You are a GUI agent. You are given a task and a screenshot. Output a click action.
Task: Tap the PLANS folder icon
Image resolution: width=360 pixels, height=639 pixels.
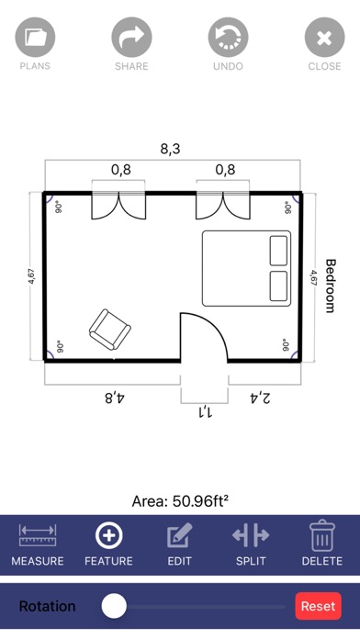[35, 38]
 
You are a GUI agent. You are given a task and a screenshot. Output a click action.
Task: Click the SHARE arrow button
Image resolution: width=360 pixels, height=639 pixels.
[131, 38]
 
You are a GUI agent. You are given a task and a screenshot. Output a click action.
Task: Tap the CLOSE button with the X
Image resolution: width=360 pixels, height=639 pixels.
[324, 38]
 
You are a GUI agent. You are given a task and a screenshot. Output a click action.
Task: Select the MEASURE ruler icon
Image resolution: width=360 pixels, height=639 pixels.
[38, 535]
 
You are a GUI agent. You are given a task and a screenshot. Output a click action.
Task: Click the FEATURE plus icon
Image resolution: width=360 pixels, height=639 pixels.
[109, 535]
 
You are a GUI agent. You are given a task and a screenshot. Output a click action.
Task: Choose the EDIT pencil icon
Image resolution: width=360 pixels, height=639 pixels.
[179, 535]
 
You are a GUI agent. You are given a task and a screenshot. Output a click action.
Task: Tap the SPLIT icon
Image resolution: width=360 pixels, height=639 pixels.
[251, 534]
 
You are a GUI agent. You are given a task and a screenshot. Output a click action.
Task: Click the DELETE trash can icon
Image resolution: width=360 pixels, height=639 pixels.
[322, 535]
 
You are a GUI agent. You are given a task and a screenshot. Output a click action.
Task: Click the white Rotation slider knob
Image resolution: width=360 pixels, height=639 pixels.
[114, 606]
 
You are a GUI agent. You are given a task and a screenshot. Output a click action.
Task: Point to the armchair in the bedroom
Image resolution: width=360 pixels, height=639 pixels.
[110, 330]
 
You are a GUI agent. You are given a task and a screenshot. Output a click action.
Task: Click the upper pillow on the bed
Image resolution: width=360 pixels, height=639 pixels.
[278, 251]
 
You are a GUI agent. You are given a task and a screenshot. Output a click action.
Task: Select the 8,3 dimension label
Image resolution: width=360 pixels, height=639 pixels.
[170, 149]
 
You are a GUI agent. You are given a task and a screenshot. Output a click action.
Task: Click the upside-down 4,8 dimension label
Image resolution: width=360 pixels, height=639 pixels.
[115, 398]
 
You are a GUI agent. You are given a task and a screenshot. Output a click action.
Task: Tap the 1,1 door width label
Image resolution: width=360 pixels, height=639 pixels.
[204, 412]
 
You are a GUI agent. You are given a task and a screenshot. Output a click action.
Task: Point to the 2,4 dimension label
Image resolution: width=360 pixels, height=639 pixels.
[259, 398]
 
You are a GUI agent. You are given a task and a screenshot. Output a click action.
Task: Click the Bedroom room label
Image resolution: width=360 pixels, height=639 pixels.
[331, 286]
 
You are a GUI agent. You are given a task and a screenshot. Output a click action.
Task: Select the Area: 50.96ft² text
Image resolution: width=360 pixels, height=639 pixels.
[180, 501]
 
